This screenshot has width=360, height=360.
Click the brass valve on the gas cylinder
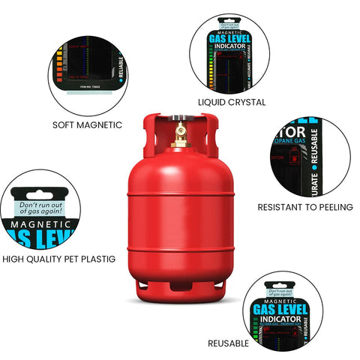180,135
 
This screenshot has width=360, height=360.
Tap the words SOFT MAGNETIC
87,124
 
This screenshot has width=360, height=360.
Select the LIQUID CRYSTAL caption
232,101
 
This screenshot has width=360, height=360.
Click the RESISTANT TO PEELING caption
304,206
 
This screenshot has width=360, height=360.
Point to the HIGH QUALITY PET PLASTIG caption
59,259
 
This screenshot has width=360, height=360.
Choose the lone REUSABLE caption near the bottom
229,343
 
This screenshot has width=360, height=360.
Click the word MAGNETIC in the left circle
39,223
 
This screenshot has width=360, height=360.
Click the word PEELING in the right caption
333,206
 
